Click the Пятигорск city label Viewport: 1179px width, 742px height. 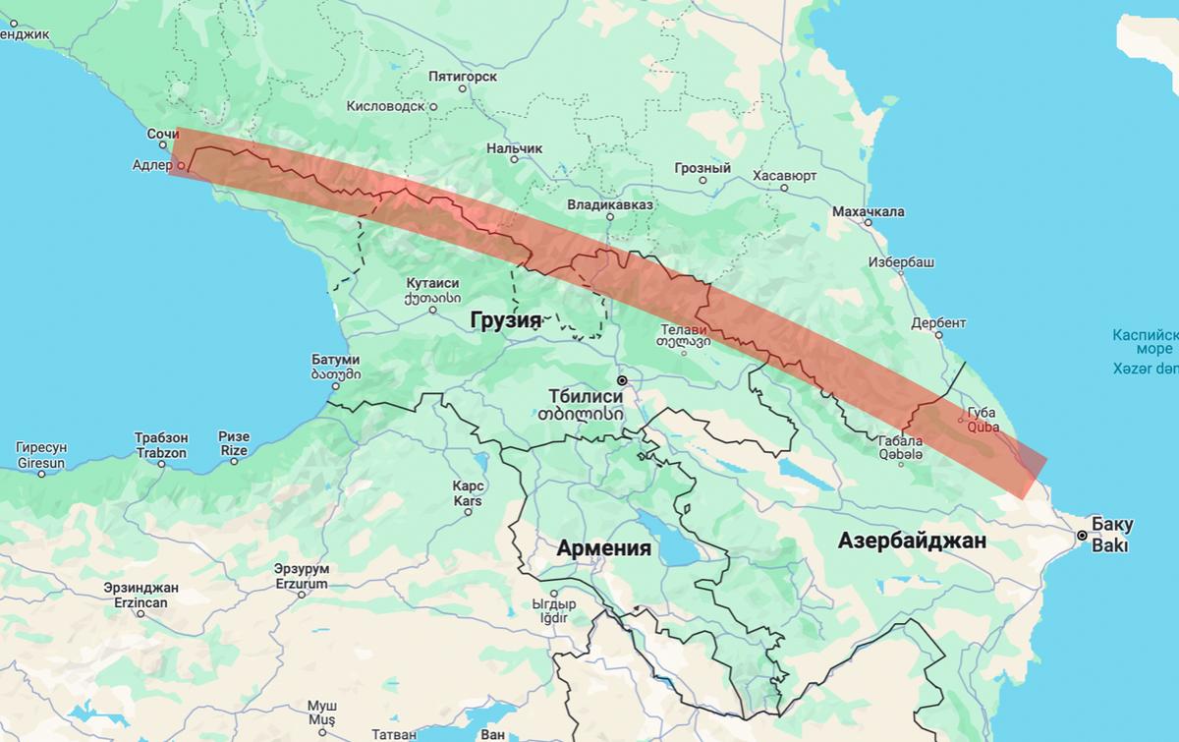point(462,76)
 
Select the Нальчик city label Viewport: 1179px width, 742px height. point(514,148)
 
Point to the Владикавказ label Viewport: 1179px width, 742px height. point(609,205)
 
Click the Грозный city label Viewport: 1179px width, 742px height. point(702,168)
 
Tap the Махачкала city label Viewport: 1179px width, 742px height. point(868,211)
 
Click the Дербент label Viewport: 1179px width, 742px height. point(938,322)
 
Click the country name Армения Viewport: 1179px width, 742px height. point(603,548)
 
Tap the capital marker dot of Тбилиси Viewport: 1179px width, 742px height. point(621,379)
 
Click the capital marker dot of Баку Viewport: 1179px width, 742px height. point(1082,536)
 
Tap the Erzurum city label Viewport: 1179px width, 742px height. point(301,576)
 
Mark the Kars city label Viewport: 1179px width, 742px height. point(467,493)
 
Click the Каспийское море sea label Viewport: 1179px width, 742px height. point(1144,341)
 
